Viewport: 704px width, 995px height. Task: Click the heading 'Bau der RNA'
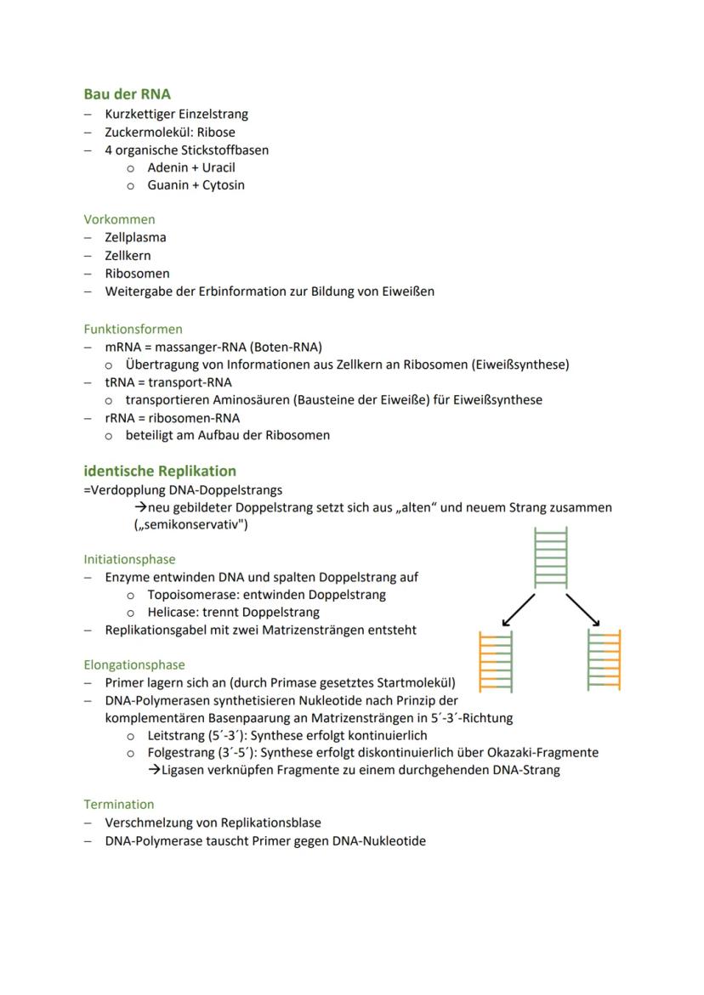[x=127, y=94]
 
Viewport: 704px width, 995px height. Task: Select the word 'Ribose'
[x=216, y=133]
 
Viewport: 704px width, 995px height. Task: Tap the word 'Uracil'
[x=219, y=167]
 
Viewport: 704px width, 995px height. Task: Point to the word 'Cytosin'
[x=223, y=185]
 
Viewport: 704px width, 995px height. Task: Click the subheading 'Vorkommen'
[x=119, y=219]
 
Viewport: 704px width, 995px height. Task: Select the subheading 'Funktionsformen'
[x=133, y=329]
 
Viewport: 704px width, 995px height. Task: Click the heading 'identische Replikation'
[x=160, y=471]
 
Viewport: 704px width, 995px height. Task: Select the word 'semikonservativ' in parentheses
[x=191, y=525]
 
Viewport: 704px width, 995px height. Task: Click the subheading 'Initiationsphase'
[x=129, y=559]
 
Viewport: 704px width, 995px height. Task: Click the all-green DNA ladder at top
[x=550, y=557]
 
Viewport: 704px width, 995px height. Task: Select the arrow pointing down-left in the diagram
[x=518, y=610]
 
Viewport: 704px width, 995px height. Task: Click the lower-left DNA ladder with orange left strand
[x=496, y=661]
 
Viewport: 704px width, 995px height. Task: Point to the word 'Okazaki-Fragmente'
[x=545, y=752]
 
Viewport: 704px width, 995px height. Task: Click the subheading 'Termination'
[x=119, y=804]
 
